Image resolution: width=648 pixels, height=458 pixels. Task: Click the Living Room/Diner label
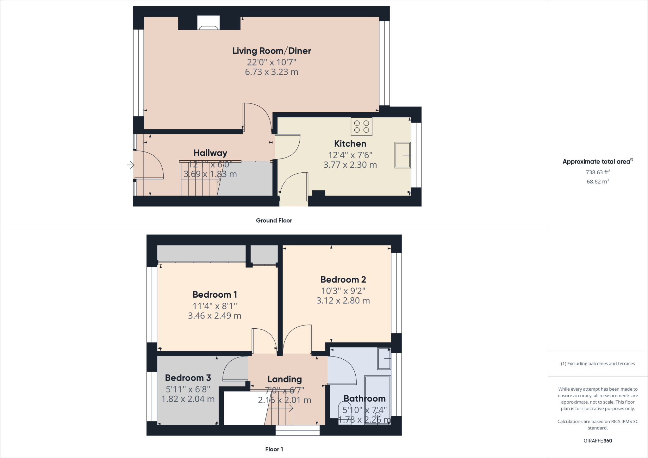pyautogui.click(x=271, y=51)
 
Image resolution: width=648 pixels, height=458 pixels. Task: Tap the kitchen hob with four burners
pyautogui.click(x=361, y=127)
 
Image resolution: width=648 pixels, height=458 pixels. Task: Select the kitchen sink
pyautogui.click(x=402, y=155)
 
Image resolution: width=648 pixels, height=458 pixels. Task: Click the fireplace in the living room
pyautogui.click(x=209, y=23)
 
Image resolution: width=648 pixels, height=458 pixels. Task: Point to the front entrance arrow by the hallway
pyautogui.click(x=130, y=165)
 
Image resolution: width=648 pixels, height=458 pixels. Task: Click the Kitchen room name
pyautogui.click(x=350, y=144)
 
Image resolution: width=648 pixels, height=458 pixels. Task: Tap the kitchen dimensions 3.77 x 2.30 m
pyautogui.click(x=350, y=165)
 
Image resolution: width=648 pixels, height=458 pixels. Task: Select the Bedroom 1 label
pyautogui.click(x=215, y=294)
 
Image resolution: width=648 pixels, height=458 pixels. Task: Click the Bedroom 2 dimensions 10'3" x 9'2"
pyautogui.click(x=343, y=291)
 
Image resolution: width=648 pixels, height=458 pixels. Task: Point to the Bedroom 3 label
pyautogui.click(x=188, y=378)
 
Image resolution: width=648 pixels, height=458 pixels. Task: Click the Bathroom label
pyautogui.click(x=364, y=399)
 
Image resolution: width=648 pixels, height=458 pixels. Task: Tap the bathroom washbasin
pyautogui.click(x=384, y=359)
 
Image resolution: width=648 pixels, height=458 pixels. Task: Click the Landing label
pyautogui.click(x=284, y=379)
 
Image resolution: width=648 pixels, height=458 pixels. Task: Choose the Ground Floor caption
pyautogui.click(x=274, y=220)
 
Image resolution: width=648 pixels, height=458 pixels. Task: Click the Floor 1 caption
pyautogui.click(x=274, y=449)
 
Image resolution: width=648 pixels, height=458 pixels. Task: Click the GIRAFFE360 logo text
pyautogui.click(x=598, y=441)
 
